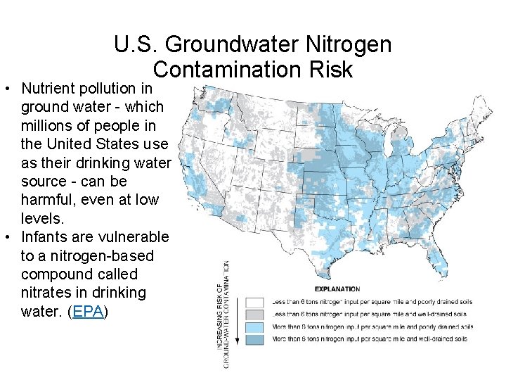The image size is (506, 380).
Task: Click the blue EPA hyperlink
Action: pyautogui.click(x=89, y=310)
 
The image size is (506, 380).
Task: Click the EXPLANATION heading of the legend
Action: pyautogui.click(x=337, y=289)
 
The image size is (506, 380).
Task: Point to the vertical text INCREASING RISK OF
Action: pyautogui.click(x=219, y=317)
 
